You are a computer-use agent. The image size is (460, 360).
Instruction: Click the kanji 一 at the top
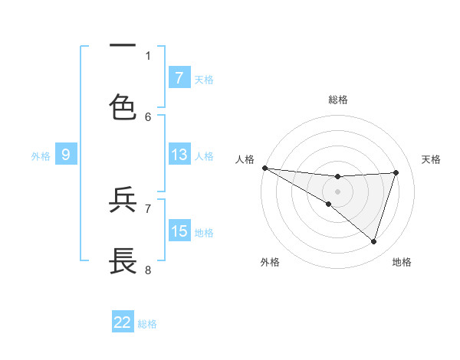tap(123, 46)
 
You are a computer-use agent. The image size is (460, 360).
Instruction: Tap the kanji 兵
tap(123, 200)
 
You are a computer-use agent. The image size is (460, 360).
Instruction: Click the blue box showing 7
tap(179, 77)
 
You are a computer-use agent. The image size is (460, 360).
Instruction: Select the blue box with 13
tap(179, 155)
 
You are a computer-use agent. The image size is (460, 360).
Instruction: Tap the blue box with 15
tap(179, 231)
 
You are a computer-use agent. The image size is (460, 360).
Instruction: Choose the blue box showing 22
tap(123, 322)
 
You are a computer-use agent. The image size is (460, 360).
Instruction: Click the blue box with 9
tap(66, 155)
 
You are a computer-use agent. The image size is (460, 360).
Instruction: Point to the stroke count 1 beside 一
tap(148, 55)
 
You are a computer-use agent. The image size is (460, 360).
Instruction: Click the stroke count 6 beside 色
tap(148, 116)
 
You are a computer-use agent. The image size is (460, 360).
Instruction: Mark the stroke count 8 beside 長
tap(148, 270)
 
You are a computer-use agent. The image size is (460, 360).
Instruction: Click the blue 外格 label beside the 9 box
tap(41, 155)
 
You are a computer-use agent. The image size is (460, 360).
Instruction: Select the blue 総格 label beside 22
tap(147, 323)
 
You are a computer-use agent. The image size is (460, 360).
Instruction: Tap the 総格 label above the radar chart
tap(338, 100)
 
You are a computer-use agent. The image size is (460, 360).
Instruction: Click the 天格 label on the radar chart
tap(431, 159)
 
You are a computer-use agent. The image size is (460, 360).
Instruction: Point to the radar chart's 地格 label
tap(402, 262)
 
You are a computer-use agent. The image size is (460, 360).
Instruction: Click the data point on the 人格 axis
tap(264, 168)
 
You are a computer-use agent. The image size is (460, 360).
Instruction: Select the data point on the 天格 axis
tap(396, 172)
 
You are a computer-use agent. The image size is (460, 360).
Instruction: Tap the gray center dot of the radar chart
tap(338, 191)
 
